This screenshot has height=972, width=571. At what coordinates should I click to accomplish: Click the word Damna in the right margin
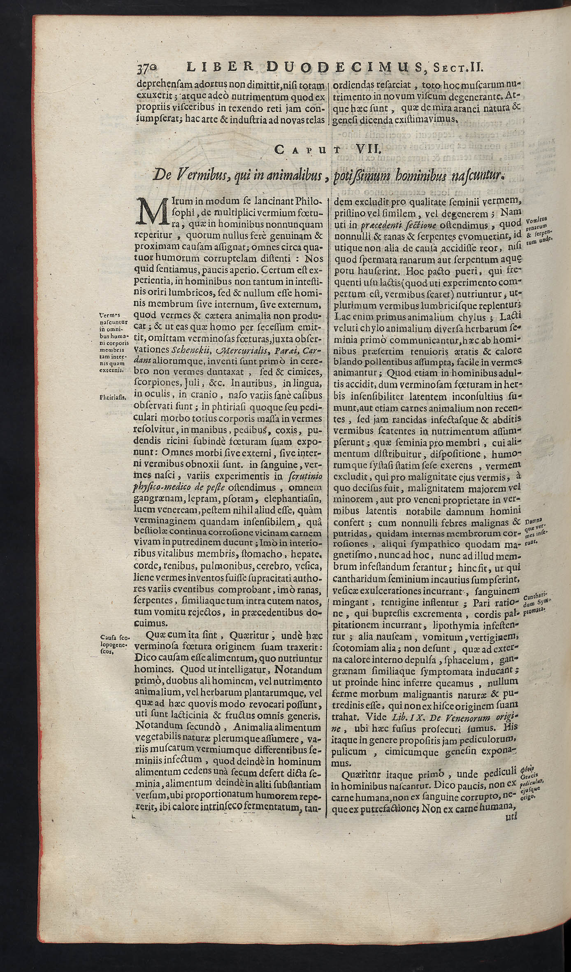point(534,520)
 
